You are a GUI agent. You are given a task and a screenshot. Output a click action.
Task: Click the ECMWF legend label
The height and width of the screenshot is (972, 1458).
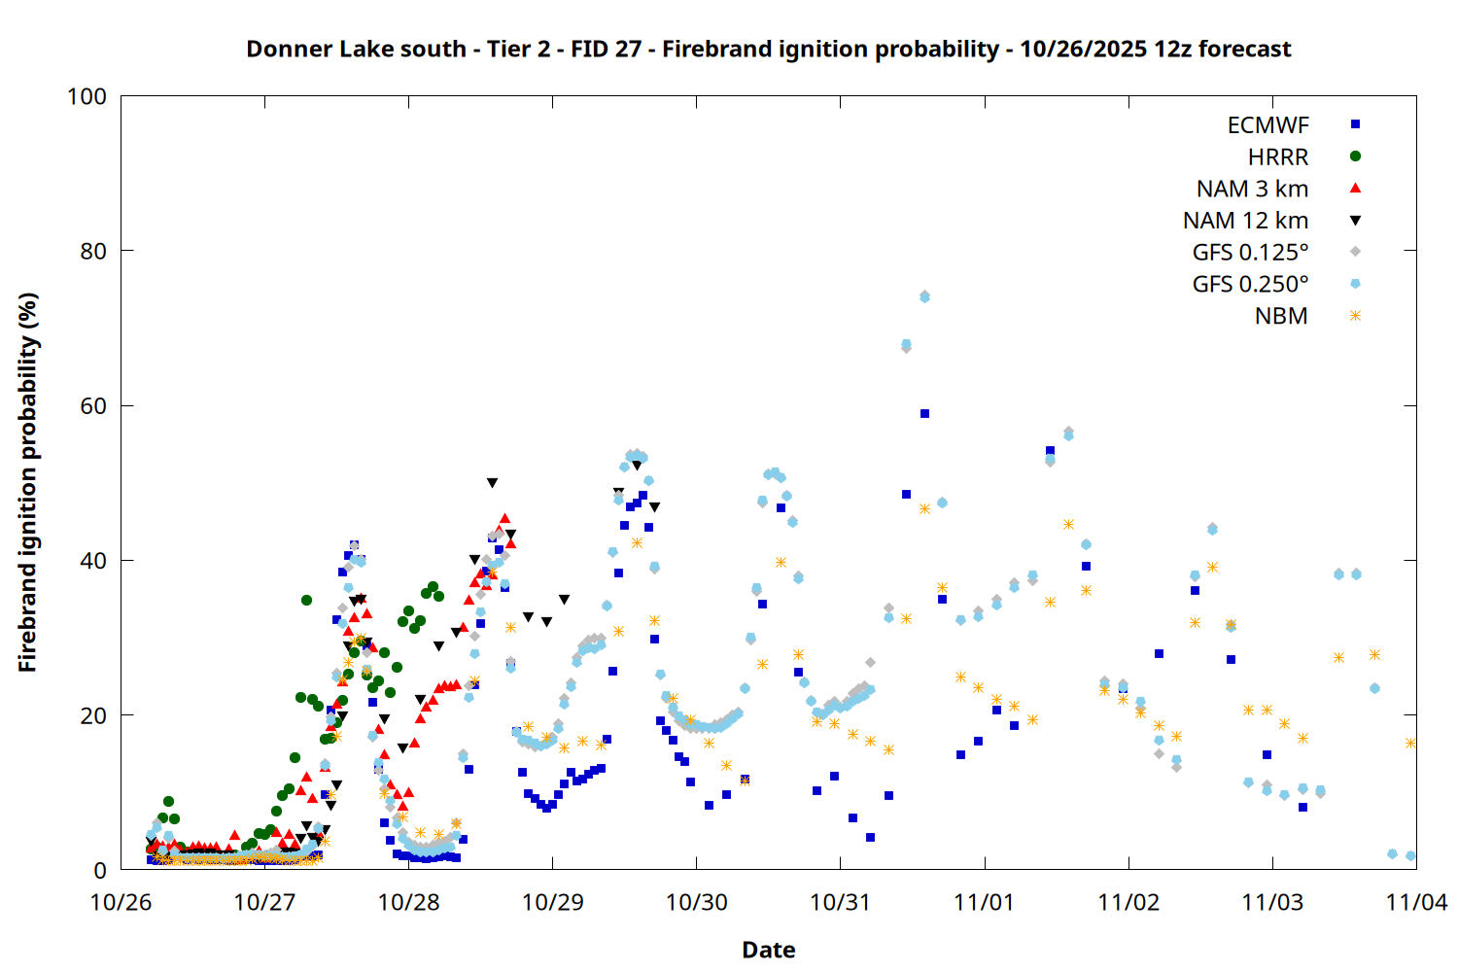(1267, 125)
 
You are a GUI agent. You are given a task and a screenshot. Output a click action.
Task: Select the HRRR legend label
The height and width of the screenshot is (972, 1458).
(1278, 157)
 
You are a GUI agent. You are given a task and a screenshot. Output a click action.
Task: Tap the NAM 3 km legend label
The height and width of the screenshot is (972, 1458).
(1252, 189)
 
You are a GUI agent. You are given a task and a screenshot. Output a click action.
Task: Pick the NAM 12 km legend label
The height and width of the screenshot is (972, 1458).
(1245, 221)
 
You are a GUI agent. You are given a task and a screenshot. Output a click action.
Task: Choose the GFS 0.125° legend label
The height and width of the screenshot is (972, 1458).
(1250, 253)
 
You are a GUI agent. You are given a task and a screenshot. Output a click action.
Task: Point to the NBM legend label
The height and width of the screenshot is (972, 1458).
(1281, 316)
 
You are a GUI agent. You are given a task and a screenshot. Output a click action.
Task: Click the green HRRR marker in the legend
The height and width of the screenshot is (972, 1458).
(1355, 156)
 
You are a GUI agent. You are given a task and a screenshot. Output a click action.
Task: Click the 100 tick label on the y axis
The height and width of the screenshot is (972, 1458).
(87, 96)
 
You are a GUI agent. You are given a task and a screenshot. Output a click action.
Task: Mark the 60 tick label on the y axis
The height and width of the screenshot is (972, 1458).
(93, 406)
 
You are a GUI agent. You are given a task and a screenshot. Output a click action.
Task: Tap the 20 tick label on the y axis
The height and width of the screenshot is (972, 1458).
(93, 716)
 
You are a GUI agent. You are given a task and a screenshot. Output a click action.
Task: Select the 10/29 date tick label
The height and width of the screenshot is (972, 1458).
(552, 902)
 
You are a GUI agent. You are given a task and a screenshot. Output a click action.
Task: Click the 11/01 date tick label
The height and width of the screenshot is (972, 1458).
(985, 902)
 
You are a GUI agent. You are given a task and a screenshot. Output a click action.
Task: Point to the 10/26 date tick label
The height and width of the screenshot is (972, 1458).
(121, 902)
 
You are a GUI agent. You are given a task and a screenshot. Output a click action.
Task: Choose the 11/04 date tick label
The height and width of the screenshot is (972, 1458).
(1416, 902)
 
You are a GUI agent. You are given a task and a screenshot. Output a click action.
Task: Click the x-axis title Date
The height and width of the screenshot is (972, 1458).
(768, 950)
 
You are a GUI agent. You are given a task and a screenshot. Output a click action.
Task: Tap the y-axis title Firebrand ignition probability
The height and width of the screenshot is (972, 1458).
(27, 482)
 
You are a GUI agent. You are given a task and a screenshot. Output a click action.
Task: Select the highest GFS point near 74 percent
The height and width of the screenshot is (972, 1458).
(924, 296)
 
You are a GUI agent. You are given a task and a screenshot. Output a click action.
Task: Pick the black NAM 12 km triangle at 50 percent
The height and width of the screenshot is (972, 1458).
(492, 483)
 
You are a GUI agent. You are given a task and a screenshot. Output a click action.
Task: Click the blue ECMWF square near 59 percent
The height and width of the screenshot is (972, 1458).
(924, 414)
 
